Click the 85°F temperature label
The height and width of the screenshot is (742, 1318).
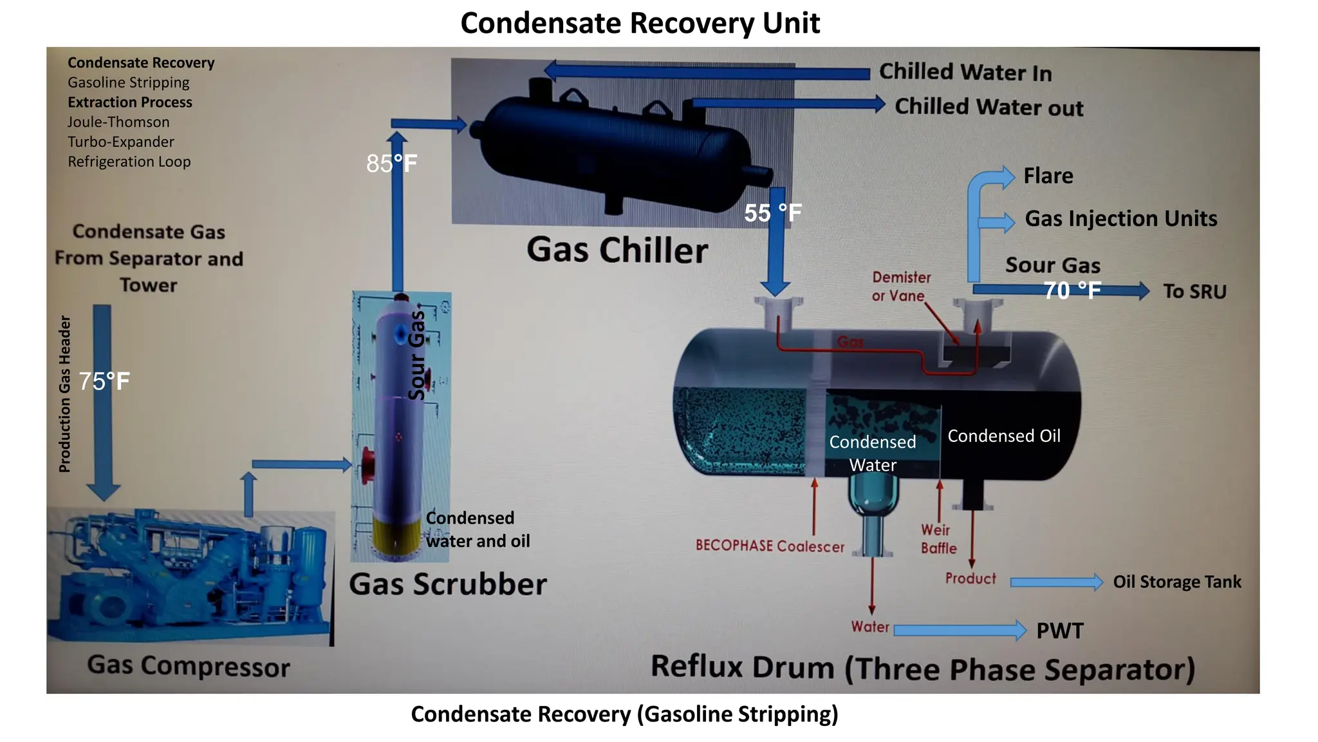point(391,164)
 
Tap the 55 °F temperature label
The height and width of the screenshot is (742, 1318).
point(772,213)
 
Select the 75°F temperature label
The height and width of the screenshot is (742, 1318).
point(104,381)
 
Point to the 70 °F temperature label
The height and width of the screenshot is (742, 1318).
point(1072,290)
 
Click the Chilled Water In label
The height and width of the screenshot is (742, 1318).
point(965,72)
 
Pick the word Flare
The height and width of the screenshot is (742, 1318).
point(1048,176)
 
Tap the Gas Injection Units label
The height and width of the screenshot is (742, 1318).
point(1120,219)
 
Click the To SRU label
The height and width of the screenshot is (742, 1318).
point(1194,292)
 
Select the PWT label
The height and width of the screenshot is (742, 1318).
point(1059,631)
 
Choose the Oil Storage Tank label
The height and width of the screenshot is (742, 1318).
point(1176,582)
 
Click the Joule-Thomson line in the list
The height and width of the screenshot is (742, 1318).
point(118,122)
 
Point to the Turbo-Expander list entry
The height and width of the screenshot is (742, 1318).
point(121,142)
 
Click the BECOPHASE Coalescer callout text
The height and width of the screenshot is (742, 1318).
point(770,546)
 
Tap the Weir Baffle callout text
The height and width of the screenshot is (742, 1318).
point(938,539)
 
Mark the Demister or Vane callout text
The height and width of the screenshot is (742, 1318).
point(900,287)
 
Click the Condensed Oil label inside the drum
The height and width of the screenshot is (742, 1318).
point(1003,436)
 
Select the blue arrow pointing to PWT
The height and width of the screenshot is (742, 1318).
point(959,630)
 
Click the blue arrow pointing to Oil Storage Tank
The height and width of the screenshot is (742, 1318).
point(1055,582)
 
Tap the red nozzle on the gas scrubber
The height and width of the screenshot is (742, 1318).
point(367,465)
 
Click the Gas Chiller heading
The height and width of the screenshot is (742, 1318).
point(617,251)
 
